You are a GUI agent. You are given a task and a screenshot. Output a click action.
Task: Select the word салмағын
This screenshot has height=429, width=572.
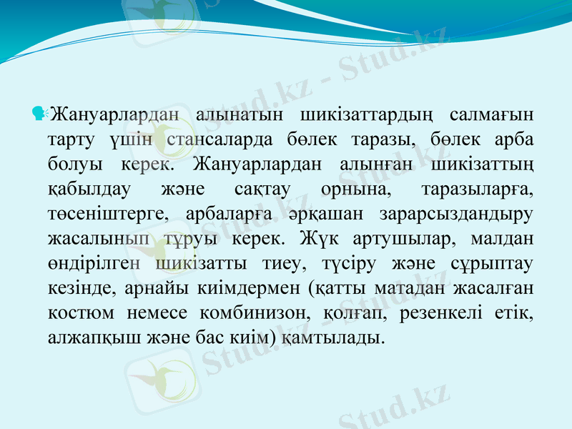[493, 114]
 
